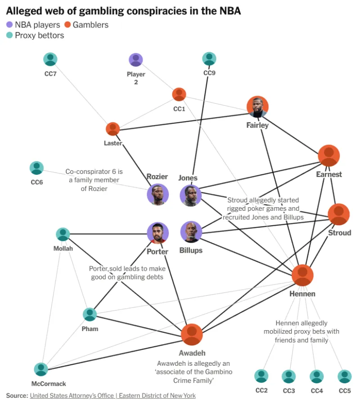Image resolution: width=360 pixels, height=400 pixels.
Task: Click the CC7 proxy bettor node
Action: point(51,59)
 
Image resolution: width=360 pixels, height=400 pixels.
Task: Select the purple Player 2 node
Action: point(135,60)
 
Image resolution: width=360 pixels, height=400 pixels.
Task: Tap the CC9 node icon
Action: point(209,59)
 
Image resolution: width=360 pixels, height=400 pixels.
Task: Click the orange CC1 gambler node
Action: point(179,95)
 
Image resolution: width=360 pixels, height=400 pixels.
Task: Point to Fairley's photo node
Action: point(257,107)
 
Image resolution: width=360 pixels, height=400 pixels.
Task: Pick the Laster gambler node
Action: point(112,129)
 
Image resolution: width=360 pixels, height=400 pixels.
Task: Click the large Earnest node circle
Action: point(329,156)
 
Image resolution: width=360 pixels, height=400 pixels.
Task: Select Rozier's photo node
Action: point(157,195)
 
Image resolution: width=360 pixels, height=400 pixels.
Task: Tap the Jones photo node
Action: point(190,195)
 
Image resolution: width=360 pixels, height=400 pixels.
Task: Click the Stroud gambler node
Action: point(338,214)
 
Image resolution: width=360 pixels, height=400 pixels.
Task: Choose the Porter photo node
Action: point(157,233)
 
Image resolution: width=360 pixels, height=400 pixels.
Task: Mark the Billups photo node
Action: point(191,232)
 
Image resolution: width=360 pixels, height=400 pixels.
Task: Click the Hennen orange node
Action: point(302,276)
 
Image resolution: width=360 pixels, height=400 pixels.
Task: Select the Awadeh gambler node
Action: point(192,335)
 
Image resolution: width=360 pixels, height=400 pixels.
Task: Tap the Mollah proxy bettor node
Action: point(63,234)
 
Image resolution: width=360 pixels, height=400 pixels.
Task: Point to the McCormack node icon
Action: point(41,369)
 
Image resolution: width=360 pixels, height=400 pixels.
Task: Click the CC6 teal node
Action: point(36,168)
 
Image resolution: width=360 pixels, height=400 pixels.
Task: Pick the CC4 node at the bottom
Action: point(317,376)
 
